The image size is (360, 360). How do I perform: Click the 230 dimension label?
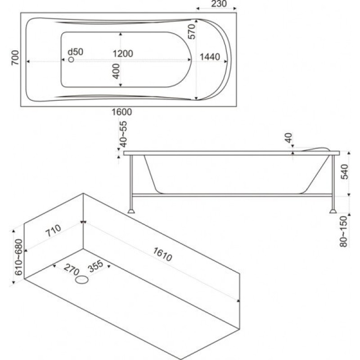coord(219,4)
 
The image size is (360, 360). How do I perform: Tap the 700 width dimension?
coord(15,58)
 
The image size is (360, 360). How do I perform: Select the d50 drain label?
coord(76,52)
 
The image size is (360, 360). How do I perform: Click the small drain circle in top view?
coord(71,59)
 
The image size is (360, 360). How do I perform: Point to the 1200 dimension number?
coord(123,54)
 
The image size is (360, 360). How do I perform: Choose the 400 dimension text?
coord(117,72)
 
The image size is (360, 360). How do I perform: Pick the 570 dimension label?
coord(192,31)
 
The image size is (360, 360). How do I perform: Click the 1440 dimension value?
coord(210,57)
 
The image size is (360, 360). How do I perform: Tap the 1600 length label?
coord(121,112)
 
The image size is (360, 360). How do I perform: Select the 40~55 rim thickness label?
coord(123,134)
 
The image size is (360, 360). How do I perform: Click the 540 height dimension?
coord(344,172)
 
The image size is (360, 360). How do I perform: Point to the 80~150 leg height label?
coord(344,231)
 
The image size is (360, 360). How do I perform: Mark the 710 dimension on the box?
coord(53,230)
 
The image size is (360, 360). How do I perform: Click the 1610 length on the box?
coord(162,254)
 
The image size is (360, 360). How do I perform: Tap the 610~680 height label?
coord(18,257)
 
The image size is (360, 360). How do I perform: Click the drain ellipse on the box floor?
coord(82,279)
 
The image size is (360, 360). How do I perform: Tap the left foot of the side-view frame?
coord(131,211)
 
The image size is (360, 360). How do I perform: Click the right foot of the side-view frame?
coord(333,211)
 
